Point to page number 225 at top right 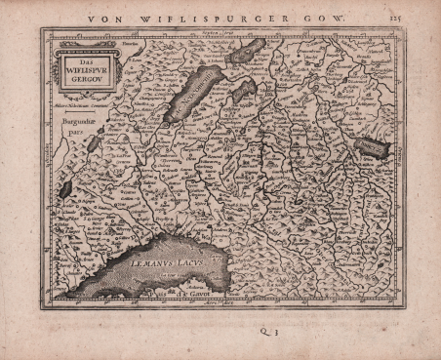click(x=393, y=16)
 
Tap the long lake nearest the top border click(x=247, y=52)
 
